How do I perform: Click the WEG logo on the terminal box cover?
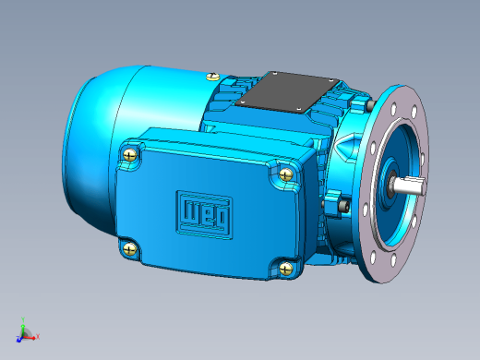(x=205, y=214)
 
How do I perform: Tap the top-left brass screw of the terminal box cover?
(x=130, y=154)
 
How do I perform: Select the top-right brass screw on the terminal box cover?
(x=286, y=174)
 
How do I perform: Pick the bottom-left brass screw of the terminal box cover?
(x=130, y=248)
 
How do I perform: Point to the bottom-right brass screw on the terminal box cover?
(x=286, y=269)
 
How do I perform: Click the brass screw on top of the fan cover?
(x=212, y=77)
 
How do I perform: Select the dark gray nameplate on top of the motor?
(x=287, y=91)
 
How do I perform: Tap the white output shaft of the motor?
(x=409, y=186)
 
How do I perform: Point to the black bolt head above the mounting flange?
(x=370, y=105)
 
